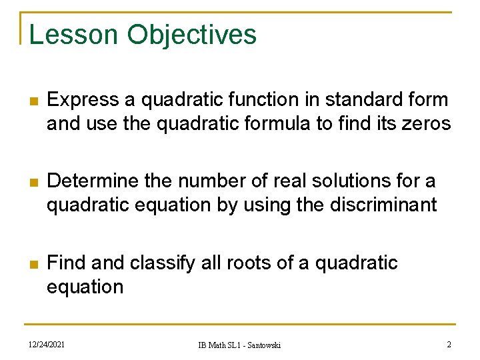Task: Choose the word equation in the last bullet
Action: (85, 287)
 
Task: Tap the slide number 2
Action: (449, 344)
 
